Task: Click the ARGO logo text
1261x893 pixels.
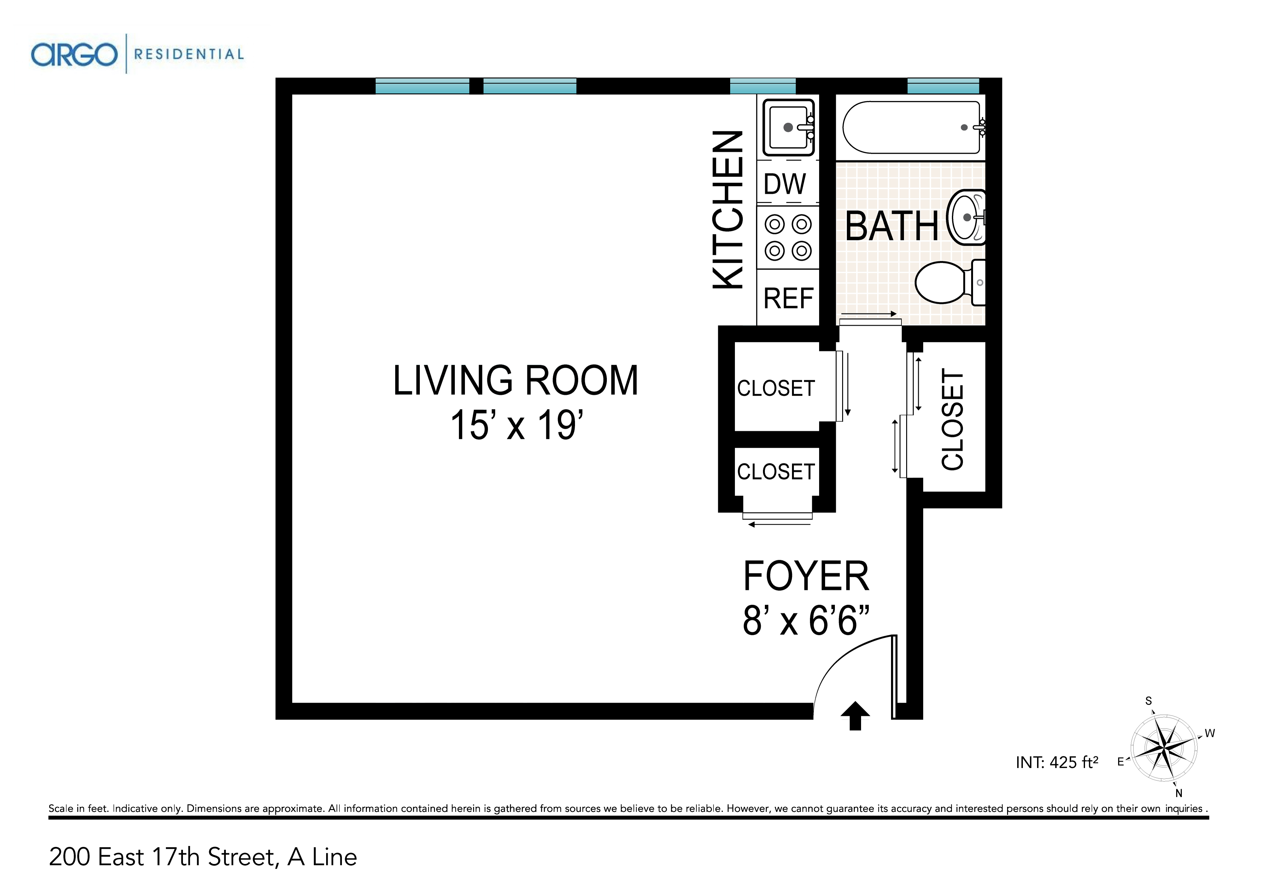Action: tap(74, 55)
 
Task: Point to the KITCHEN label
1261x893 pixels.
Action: tap(728, 210)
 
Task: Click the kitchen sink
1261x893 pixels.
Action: tap(788, 127)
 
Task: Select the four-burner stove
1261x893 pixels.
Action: tap(788, 238)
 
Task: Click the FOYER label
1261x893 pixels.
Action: tap(806, 576)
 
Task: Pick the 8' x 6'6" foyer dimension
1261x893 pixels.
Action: tap(806, 620)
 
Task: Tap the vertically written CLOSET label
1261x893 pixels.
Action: tap(953, 419)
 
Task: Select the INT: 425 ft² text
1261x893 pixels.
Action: tap(1057, 762)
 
